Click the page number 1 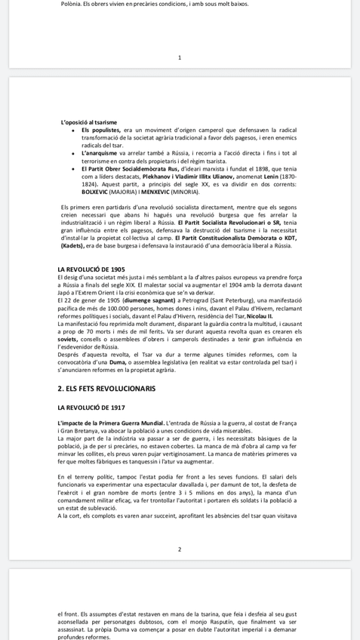click(x=180, y=57)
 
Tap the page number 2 click(x=180, y=549)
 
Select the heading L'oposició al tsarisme click(x=89, y=122)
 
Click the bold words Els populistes click(x=100, y=130)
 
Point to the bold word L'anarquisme click(x=100, y=153)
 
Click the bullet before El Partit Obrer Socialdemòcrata click(x=72, y=169)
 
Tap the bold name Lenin click(x=271, y=177)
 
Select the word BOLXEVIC click(x=95, y=192)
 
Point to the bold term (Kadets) click(x=72, y=245)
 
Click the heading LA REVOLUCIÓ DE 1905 click(x=91, y=269)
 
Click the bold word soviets click(x=68, y=339)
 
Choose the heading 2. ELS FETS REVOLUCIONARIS click(x=106, y=389)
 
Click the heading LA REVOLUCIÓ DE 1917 click(x=91, y=408)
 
